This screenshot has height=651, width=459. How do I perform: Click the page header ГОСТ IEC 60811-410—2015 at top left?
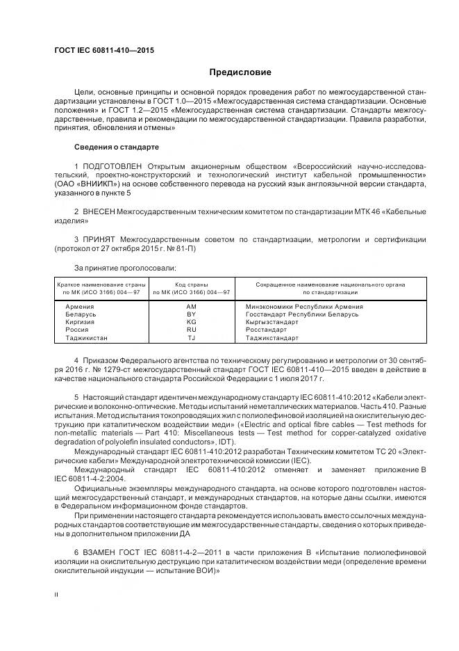[x=103, y=51]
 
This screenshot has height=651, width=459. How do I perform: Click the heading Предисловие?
[x=240, y=72]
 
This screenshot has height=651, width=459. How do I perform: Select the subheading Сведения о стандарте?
[x=116, y=147]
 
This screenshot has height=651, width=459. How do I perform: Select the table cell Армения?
[x=80, y=307]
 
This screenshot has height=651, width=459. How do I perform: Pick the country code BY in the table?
[x=192, y=314]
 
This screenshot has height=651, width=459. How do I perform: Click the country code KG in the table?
[x=192, y=322]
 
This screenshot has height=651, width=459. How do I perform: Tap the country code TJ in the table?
[x=192, y=338]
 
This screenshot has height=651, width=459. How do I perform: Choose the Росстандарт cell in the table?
[x=267, y=330]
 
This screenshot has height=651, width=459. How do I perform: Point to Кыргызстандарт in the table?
[x=273, y=322]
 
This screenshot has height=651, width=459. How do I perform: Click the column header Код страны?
[x=192, y=284]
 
